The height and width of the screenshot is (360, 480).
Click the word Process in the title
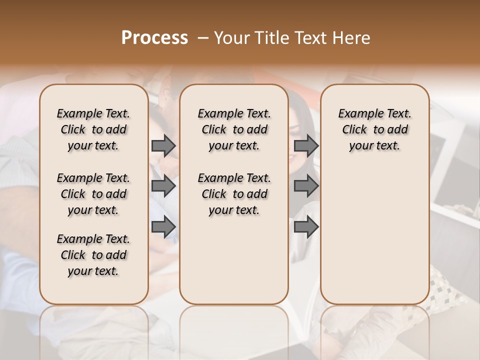[x=154, y=38]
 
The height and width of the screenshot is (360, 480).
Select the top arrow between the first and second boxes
[x=163, y=146]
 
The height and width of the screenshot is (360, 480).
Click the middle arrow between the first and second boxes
[x=163, y=186]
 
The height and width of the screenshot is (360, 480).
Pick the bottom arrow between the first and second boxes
[x=163, y=227]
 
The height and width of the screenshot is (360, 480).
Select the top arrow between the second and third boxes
[x=306, y=146]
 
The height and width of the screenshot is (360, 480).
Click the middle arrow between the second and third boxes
[x=306, y=186]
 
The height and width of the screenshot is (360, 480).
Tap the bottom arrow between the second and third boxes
[x=306, y=227]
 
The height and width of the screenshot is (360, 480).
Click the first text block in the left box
[x=93, y=129]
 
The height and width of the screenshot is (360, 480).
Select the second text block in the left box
[x=93, y=194]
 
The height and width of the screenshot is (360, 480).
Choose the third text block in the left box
[x=93, y=255]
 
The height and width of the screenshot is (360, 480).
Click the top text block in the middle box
[x=234, y=129]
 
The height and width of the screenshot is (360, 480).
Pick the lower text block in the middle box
[x=234, y=194]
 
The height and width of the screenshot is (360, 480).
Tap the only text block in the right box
[x=374, y=129]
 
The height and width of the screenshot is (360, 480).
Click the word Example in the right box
[x=358, y=114]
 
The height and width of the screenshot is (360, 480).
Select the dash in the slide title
[x=203, y=38]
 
